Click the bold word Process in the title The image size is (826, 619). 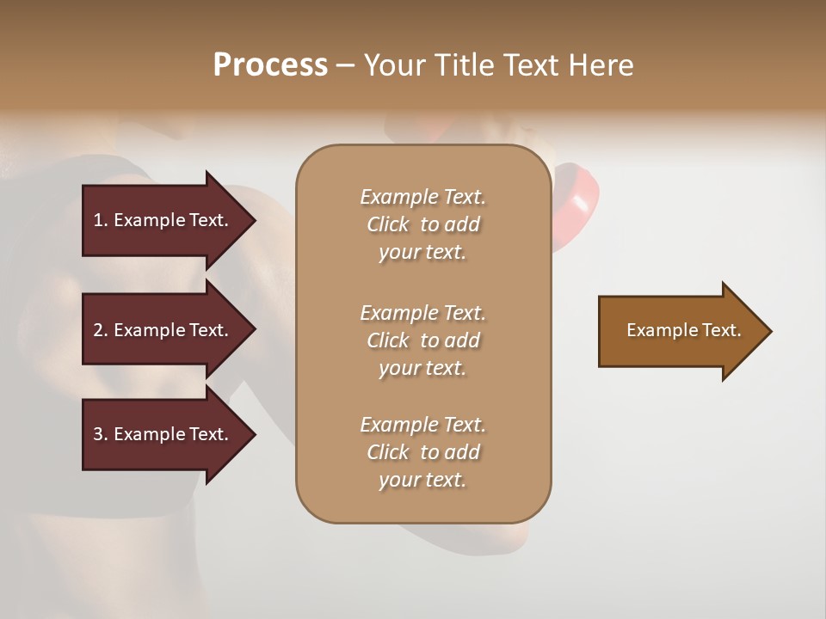coord(270,64)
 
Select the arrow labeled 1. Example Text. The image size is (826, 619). coord(163,220)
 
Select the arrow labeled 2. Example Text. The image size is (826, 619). coord(163,330)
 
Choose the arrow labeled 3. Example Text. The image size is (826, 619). coord(163,434)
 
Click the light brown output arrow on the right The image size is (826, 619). coord(680,331)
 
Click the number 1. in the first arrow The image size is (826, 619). coord(101,220)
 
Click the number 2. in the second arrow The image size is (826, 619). coord(101,330)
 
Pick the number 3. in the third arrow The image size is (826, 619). coord(101,434)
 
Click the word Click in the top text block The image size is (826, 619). coord(388,224)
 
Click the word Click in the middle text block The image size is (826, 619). coord(388,340)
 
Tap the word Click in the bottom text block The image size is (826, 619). coord(388,452)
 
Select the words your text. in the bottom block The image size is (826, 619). coord(422,480)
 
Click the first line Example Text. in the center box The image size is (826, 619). coord(422,197)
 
